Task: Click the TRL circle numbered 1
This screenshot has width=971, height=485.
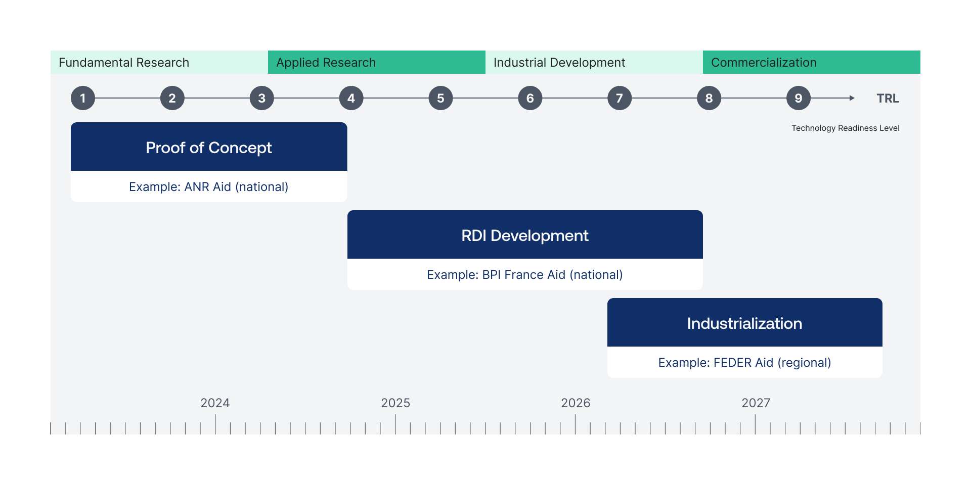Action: [83, 98]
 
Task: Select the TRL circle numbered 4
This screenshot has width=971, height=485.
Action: [351, 98]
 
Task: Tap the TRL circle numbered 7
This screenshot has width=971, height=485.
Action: [620, 98]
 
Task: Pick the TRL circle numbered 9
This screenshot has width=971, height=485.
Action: [799, 98]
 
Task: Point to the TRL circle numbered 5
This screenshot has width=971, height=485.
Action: [440, 98]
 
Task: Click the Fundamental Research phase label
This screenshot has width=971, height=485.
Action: [124, 63]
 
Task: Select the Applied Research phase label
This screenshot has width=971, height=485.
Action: [326, 63]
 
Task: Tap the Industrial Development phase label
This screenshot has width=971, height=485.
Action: [559, 63]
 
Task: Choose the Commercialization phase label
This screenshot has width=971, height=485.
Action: [764, 63]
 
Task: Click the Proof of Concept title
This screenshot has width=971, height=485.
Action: [209, 148]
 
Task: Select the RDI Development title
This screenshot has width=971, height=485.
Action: [525, 235]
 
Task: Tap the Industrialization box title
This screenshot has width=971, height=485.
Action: [744, 323]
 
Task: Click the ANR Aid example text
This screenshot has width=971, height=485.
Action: [208, 187]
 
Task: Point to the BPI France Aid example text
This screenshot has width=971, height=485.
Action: [525, 275]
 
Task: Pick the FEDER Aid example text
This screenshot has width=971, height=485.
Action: [744, 363]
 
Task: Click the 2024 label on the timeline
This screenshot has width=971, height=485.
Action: [215, 403]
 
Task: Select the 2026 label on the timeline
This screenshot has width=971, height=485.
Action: [576, 403]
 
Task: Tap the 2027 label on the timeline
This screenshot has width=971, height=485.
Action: [756, 403]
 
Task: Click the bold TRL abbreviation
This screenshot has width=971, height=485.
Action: [888, 99]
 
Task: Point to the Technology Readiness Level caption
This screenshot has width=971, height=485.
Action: [846, 128]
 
